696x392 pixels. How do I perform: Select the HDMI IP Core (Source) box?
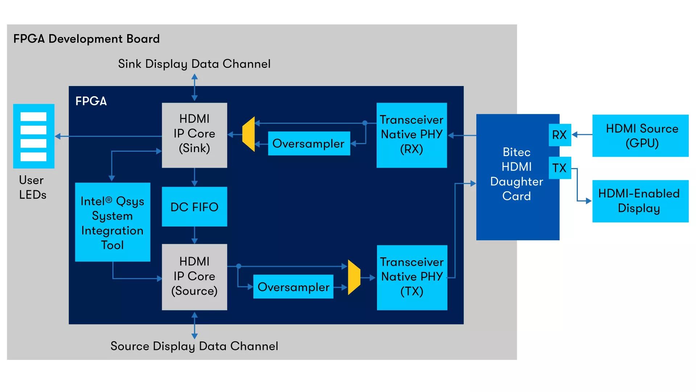(194, 277)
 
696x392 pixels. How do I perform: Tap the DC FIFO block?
(194, 207)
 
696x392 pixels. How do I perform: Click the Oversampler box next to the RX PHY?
(309, 143)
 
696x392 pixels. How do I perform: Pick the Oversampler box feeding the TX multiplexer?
(293, 287)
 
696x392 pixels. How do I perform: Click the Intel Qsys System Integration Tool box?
(112, 222)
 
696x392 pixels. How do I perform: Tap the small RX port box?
(560, 135)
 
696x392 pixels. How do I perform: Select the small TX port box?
(560, 168)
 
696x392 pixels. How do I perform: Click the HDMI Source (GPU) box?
(640, 136)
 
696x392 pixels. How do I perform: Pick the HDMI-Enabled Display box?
(640, 201)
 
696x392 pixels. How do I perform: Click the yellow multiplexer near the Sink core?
(249, 134)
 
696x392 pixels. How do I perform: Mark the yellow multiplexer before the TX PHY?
(354, 277)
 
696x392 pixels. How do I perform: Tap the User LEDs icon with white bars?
(34, 136)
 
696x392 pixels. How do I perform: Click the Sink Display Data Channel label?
(194, 64)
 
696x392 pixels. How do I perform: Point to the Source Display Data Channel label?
(194, 346)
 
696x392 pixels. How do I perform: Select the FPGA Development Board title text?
(87, 39)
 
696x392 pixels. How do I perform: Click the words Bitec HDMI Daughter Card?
(517, 174)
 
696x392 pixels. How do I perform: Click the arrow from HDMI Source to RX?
(582, 135)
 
